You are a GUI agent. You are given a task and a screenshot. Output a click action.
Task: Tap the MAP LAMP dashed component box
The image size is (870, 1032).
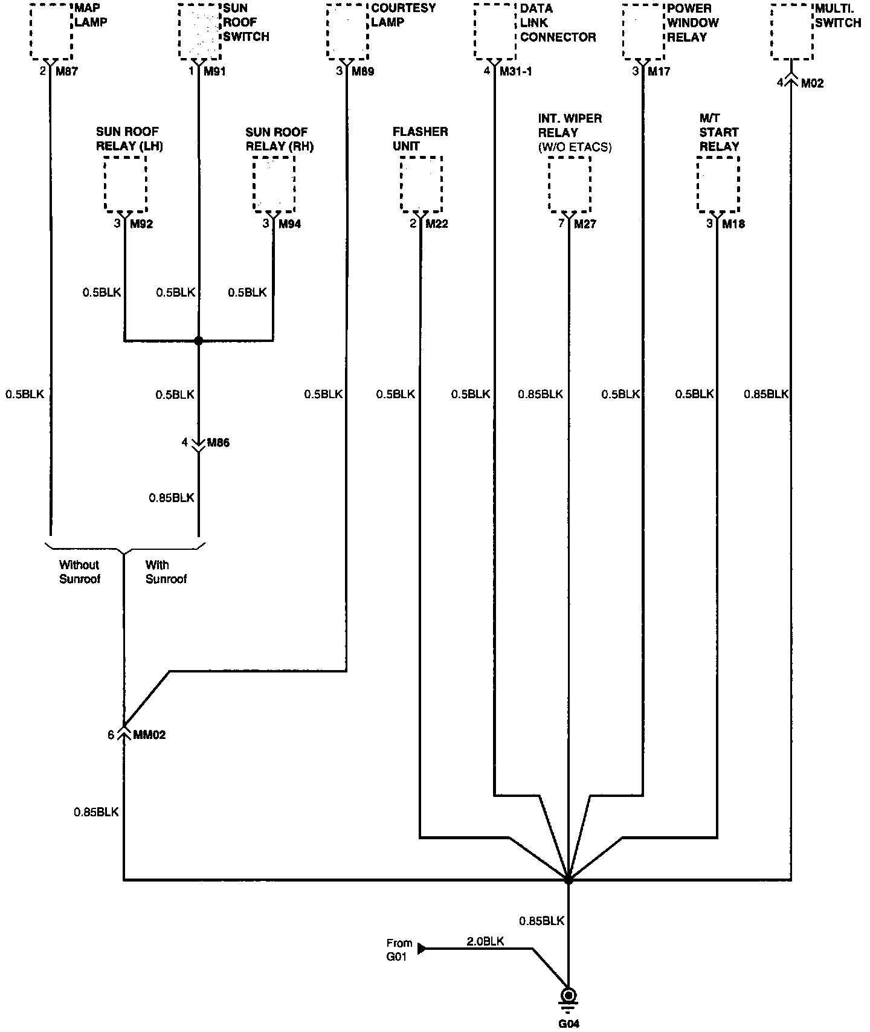(51, 31)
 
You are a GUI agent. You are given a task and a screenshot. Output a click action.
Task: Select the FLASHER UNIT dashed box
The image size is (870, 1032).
(420, 184)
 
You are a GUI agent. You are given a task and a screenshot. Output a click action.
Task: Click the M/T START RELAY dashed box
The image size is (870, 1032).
(718, 184)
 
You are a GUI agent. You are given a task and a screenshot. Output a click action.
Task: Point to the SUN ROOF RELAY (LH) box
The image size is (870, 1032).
(125, 184)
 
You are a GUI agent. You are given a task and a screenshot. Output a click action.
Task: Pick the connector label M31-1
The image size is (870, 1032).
(515, 72)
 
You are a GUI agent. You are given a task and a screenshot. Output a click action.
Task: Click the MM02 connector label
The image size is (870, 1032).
(149, 735)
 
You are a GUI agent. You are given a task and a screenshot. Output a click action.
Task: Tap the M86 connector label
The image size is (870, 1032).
(218, 443)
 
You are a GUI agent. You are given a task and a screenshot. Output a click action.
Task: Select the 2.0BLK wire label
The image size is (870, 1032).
(485, 941)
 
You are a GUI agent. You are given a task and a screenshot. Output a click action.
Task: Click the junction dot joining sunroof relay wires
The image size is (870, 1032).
(198, 341)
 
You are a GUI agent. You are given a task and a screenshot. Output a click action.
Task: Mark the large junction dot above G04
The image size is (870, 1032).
(568, 880)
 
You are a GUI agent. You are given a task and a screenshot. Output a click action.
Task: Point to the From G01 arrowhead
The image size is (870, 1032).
(422, 949)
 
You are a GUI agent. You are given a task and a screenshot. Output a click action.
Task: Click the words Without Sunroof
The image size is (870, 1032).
(79, 572)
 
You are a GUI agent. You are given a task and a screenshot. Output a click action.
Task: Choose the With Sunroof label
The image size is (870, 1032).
(166, 572)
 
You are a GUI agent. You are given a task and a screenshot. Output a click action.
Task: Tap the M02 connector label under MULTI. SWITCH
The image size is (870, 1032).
(812, 83)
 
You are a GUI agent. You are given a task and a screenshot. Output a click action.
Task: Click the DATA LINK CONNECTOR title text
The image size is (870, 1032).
(558, 23)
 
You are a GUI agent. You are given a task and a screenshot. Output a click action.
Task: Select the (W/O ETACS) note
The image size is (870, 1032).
(575, 147)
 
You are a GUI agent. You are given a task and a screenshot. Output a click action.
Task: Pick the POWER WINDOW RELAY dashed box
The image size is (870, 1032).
(643, 31)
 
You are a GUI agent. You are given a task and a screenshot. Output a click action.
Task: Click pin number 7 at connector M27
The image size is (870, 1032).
(561, 224)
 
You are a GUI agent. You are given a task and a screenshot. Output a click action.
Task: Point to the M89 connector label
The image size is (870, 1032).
(363, 72)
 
